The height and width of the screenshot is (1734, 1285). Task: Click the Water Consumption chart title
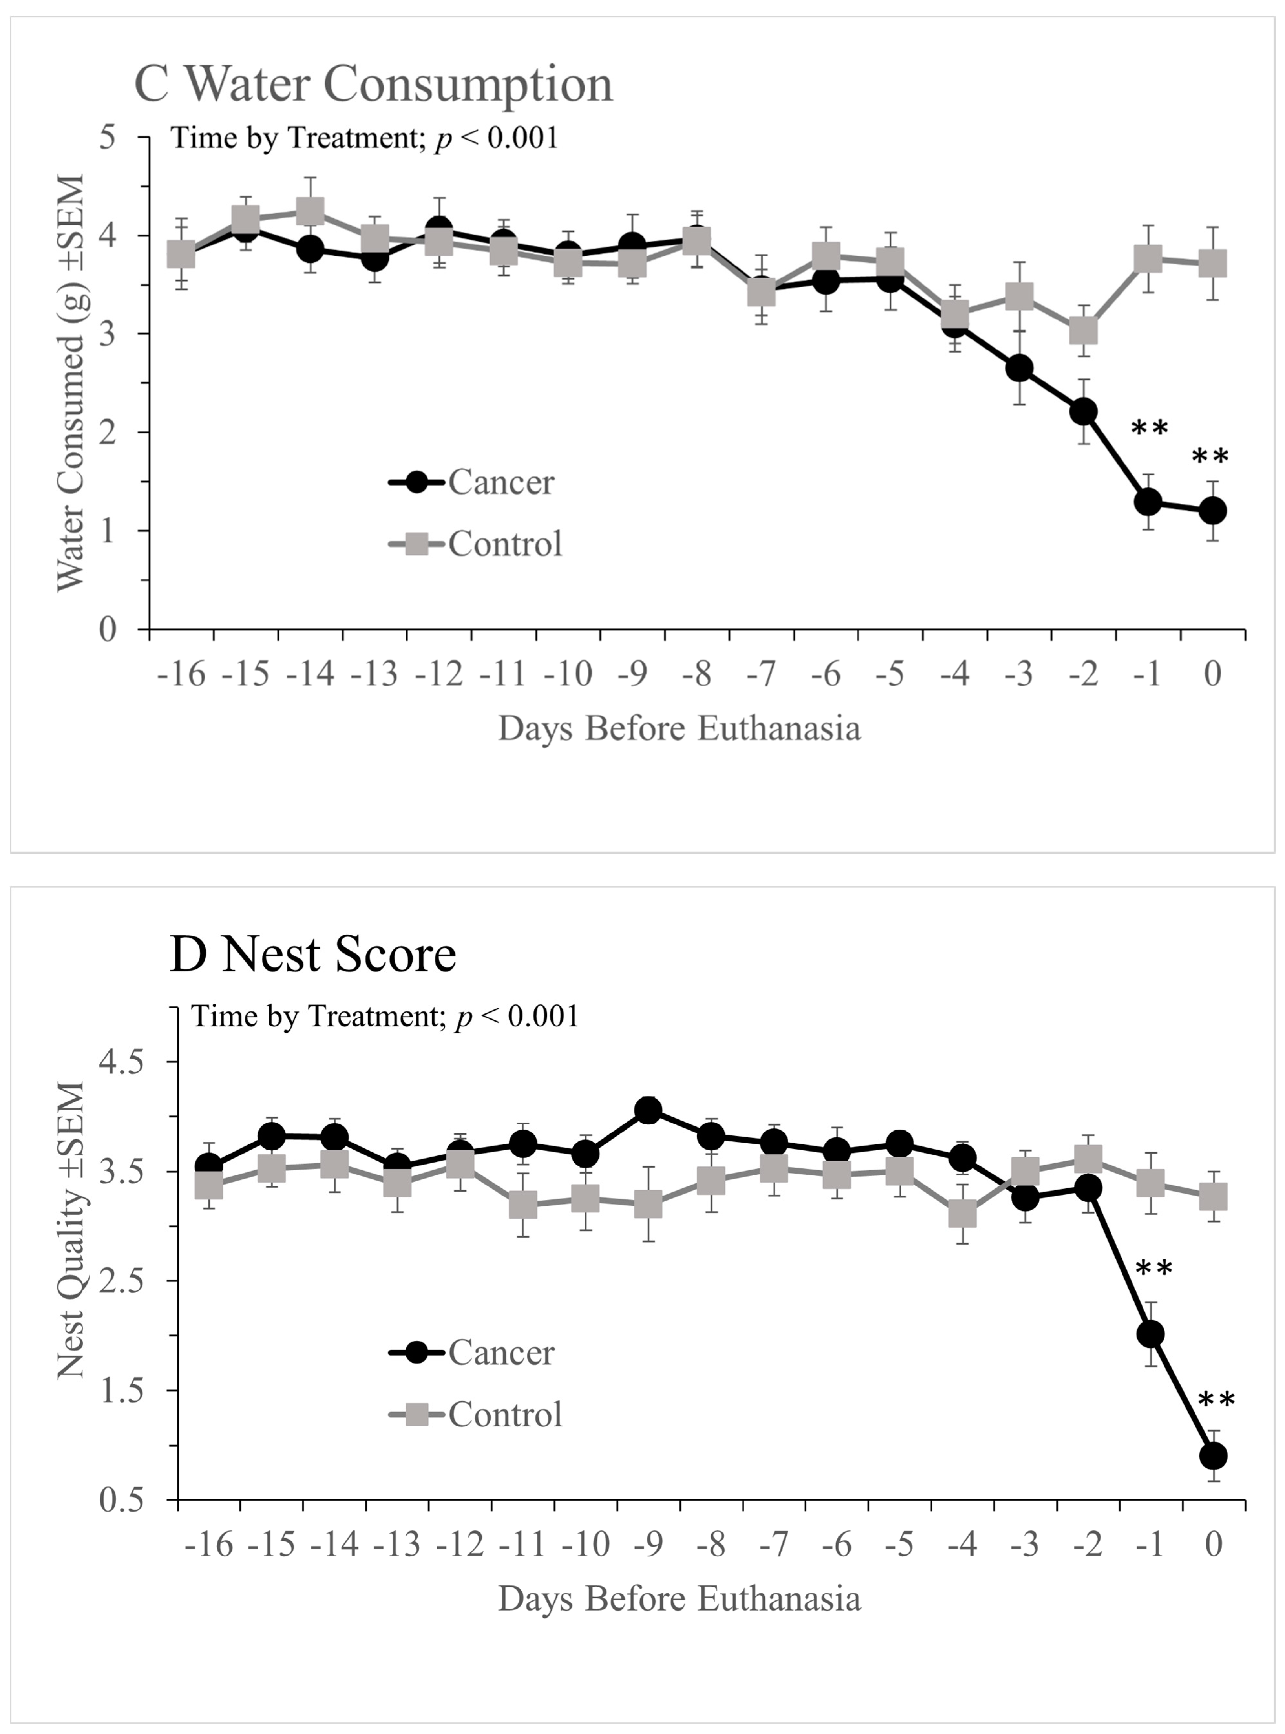(374, 84)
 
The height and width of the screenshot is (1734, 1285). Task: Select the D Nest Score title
(313, 955)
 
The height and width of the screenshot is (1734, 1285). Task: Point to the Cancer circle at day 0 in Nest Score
(1214, 1456)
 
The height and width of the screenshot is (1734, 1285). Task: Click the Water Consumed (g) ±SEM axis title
(71, 382)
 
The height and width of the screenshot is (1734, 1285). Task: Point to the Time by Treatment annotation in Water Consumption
(364, 138)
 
